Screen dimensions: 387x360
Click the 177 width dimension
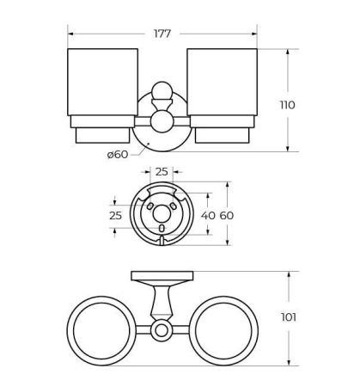click(162, 34)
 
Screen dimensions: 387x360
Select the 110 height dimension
click(287, 105)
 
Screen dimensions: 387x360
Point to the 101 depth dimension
click(288, 317)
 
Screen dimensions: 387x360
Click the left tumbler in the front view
click(102, 86)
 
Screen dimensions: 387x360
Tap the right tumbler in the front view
click(222, 86)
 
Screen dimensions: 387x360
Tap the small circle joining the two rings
click(162, 330)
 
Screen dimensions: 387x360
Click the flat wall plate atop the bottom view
click(162, 276)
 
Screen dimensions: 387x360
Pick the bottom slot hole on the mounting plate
click(162, 228)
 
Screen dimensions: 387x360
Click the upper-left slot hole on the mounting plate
click(149, 206)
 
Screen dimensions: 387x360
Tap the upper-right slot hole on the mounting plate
click(174, 206)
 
